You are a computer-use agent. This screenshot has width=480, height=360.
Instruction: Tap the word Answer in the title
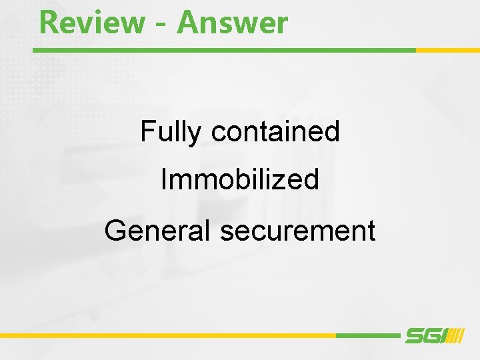233,23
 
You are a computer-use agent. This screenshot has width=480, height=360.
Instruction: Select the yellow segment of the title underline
447,50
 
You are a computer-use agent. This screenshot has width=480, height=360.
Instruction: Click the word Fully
171,132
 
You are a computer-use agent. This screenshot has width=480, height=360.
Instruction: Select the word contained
275,131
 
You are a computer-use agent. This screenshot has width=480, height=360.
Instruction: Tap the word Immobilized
240,179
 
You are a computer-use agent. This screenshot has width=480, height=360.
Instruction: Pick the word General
157,231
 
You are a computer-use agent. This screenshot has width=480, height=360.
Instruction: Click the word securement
297,231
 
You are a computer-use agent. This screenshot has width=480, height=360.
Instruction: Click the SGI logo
434,335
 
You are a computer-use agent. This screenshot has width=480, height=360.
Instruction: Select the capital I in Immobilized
164,179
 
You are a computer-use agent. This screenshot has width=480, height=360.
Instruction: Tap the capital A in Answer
189,23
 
